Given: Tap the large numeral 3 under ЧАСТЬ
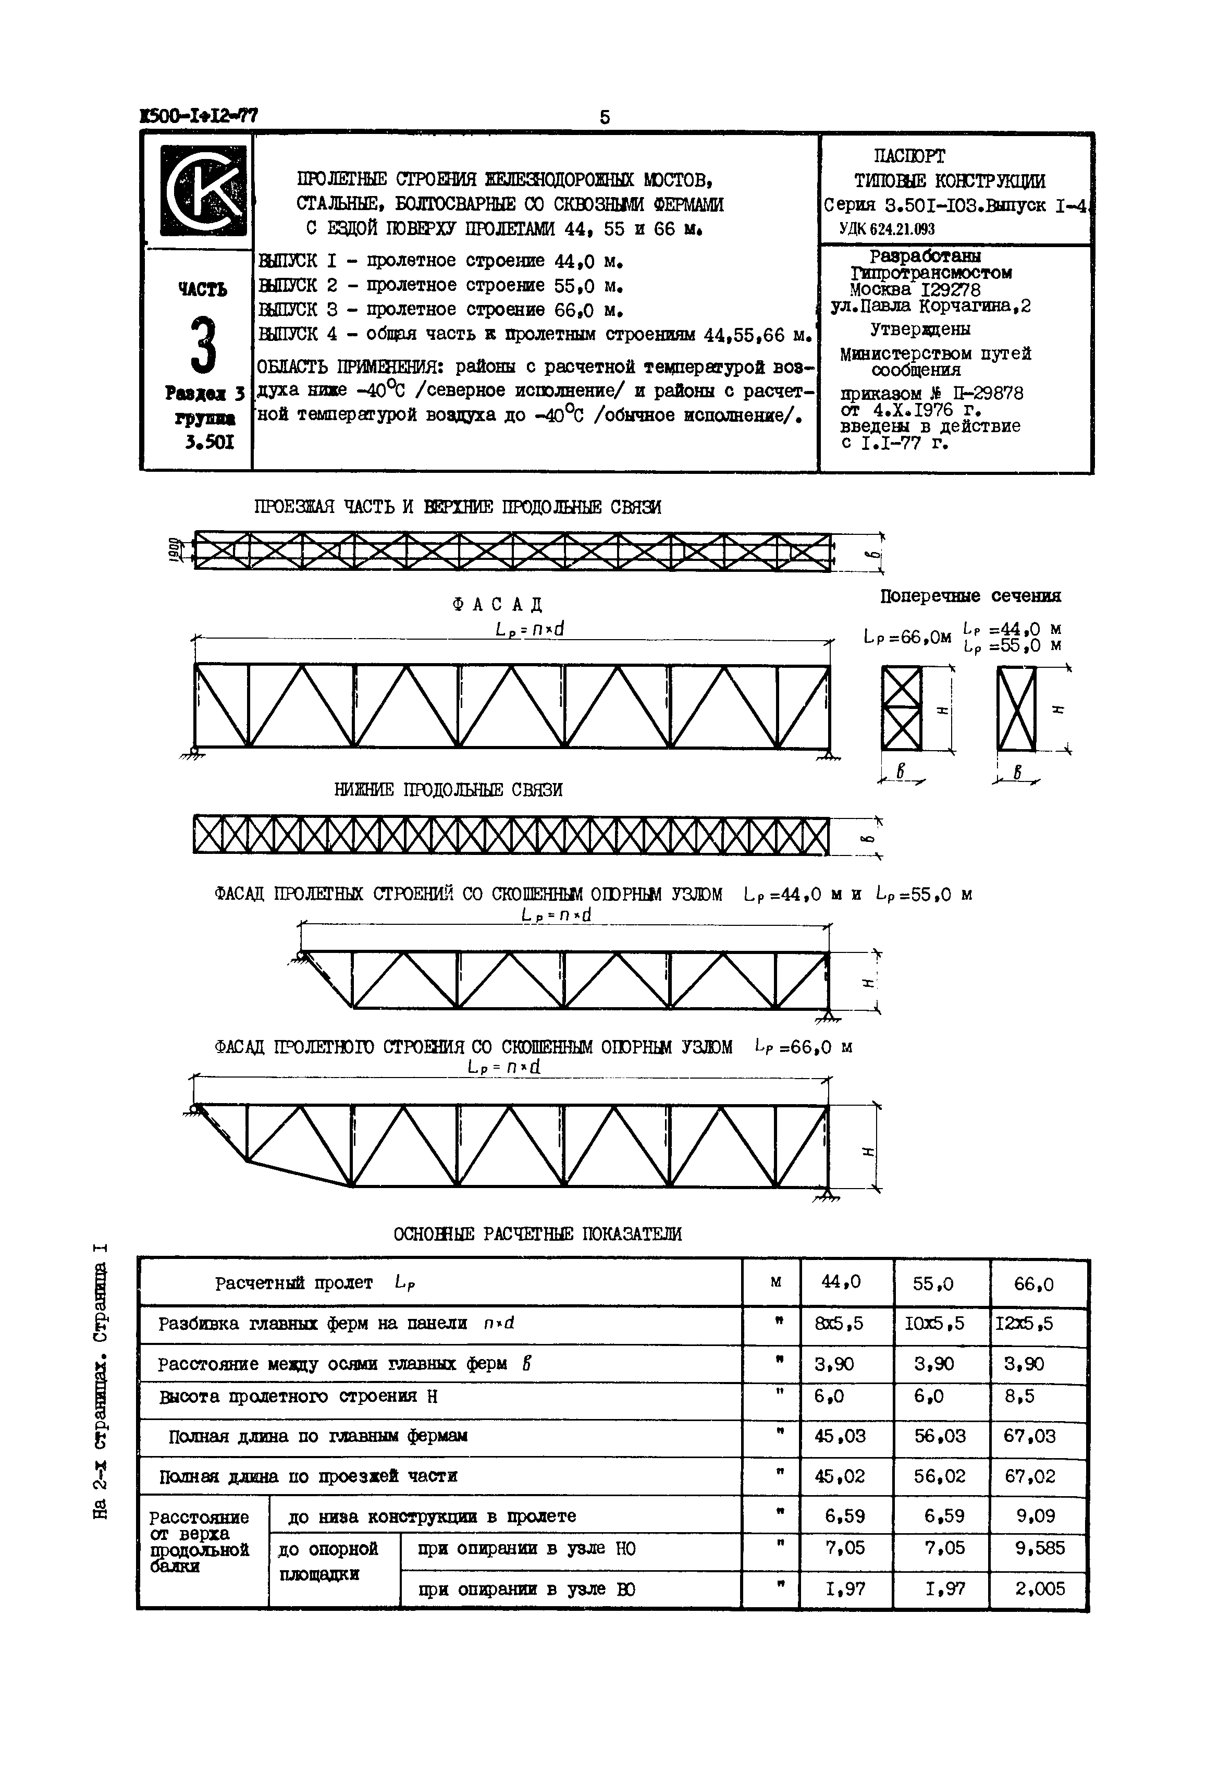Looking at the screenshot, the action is pyautogui.click(x=202, y=346).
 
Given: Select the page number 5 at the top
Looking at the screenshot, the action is pyautogui.click(x=604, y=117).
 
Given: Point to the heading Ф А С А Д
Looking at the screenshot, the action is pyautogui.click(x=498, y=604).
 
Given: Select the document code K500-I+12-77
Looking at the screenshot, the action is pyautogui.click(x=198, y=116).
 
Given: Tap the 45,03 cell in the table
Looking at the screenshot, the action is pyautogui.click(x=840, y=1436).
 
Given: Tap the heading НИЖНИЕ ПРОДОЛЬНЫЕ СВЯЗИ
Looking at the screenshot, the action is pyautogui.click(x=448, y=790).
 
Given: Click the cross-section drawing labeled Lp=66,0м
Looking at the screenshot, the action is pyautogui.click(x=901, y=708).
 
